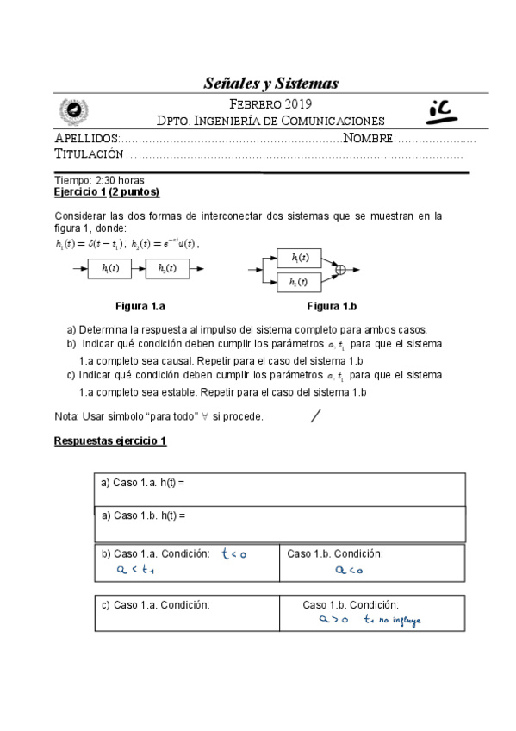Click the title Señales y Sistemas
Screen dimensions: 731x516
pyautogui.click(x=271, y=84)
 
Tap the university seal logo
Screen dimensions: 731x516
pyautogui.click(x=72, y=110)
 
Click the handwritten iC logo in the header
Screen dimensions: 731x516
pyautogui.click(x=445, y=109)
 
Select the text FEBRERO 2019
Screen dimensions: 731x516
pyautogui.click(x=272, y=104)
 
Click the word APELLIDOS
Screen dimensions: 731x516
pyautogui.click(x=85, y=138)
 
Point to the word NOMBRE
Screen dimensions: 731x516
pyautogui.click(x=369, y=138)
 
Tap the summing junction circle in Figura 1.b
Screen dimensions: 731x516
pyautogui.click(x=339, y=270)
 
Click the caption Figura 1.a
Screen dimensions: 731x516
pyautogui.click(x=141, y=306)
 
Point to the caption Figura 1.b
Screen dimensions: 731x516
pyautogui.click(x=332, y=306)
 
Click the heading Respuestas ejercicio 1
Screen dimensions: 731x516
pyautogui.click(x=110, y=440)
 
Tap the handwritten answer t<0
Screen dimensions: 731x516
pyautogui.click(x=233, y=554)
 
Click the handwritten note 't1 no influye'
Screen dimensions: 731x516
pyautogui.click(x=392, y=618)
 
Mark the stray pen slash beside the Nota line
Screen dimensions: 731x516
pyautogui.click(x=315, y=416)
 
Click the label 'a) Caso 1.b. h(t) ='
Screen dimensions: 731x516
pyautogui.click(x=143, y=515)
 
